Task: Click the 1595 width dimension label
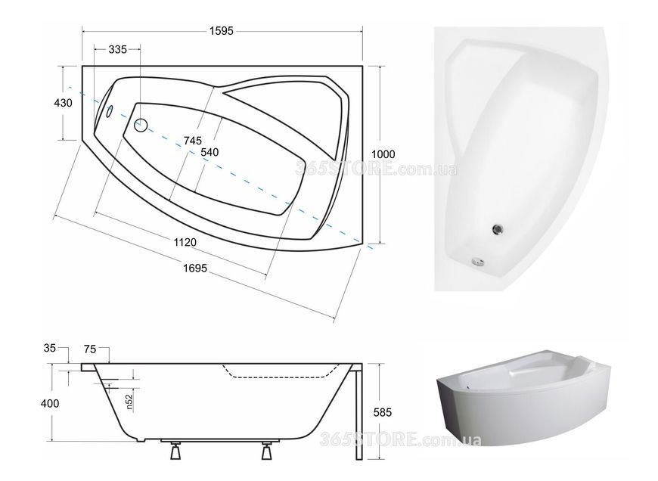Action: click(x=221, y=31)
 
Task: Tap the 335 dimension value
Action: click(x=117, y=49)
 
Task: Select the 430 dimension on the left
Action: click(x=63, y=102)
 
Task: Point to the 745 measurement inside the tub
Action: click(x=193, y=140)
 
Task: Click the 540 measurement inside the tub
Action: click(x=210, y=152)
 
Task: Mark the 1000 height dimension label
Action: click(x=383, y=154)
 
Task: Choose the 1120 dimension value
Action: click(x=185, y=242)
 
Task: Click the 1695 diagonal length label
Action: click(x=195, y=268)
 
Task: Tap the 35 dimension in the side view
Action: click(x=49, y=348)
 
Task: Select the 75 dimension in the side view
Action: click(x=90, y=349)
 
